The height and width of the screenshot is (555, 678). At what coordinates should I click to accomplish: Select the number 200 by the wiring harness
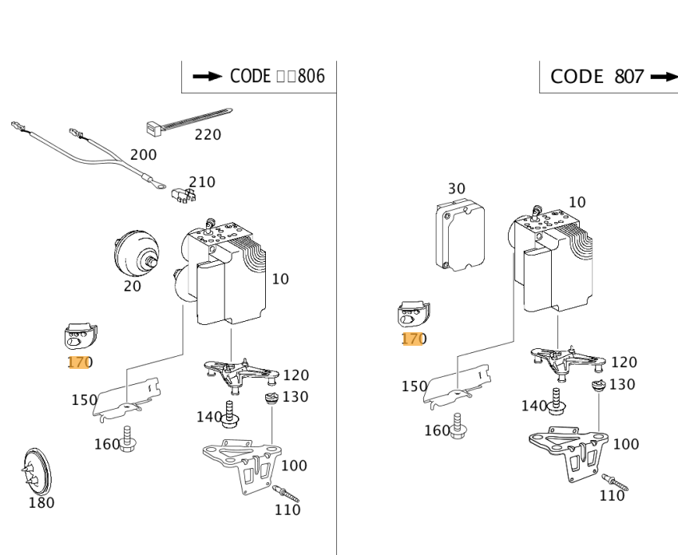(144, 154)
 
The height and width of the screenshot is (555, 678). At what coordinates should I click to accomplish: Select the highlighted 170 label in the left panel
(80, 363)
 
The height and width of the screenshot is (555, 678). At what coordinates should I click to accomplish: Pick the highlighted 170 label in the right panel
(413, 339)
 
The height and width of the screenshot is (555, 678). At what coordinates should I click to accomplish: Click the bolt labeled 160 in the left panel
(126, 438)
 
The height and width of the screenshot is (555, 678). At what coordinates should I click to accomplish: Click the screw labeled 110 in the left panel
(285, 493)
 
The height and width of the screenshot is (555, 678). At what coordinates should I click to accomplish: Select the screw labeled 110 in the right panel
(617, 481)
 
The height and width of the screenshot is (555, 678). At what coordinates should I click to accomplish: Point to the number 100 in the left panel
(294, 466)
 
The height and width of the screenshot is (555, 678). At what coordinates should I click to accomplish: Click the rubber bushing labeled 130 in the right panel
(596, 387)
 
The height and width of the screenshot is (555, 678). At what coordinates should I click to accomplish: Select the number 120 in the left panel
(295, 375)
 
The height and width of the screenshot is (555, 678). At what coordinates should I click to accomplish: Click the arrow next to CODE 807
(664, 77)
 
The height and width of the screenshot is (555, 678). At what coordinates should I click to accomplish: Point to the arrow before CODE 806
(208, 77)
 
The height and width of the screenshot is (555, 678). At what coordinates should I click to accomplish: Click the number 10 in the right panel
(576, 202)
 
